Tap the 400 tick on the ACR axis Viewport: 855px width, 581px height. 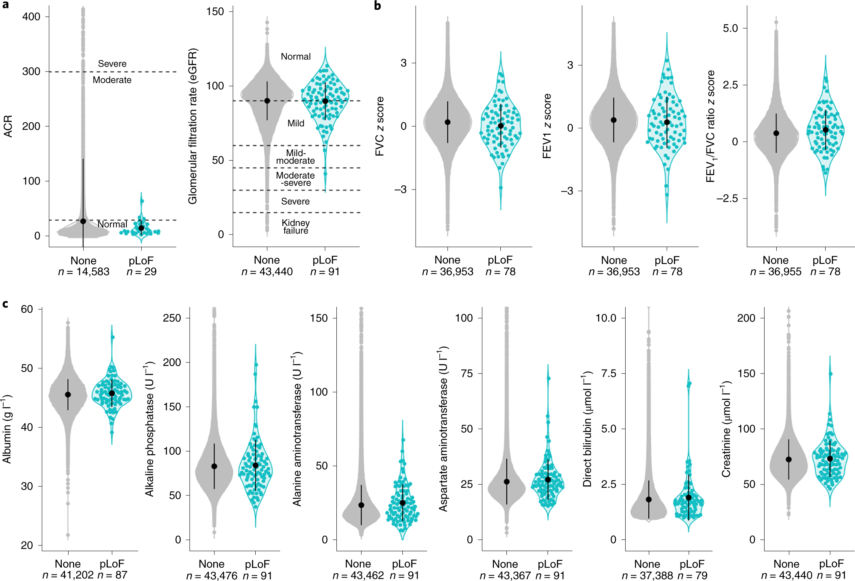coord(32,17)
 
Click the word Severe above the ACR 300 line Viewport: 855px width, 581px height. coord(112,64)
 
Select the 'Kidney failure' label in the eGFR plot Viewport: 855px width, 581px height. coord(296,227)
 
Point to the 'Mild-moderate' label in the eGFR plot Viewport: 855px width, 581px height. coord(296,157)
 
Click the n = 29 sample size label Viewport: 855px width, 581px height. coord(141,272)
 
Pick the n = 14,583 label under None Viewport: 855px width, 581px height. coord(84,272)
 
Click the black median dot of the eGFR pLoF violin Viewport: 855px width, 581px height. coord(325,101)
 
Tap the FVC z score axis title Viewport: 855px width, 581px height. coord(380,126)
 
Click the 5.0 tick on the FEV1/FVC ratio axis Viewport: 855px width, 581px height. coord(730,28)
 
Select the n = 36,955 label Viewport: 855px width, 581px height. coord(775,272)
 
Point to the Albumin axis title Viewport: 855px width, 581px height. coord(7,429)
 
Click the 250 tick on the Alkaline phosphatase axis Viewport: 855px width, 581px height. coord(172,318)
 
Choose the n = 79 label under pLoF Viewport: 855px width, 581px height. coord(692,576)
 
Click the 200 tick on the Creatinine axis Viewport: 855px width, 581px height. coord(746,318)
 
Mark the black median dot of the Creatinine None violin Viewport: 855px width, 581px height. coord(789,460)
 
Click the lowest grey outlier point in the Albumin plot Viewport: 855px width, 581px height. coord(68,535)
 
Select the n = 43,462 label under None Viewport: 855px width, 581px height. coord(358,576)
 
